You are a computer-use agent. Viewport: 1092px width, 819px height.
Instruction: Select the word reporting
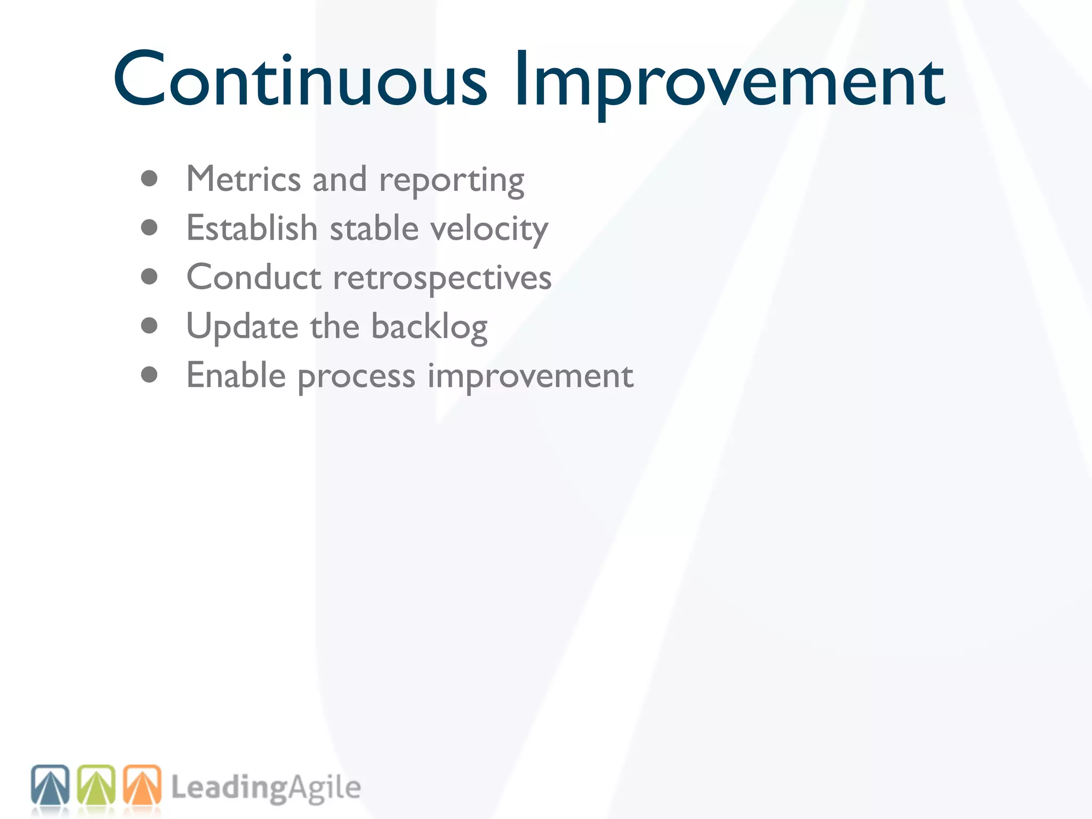tap(452, 181)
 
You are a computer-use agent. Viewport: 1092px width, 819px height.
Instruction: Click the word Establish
tap(252, 228)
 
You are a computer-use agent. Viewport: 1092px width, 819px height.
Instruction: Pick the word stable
tap(374, 228)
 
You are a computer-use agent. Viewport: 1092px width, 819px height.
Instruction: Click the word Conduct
tap(254, 277)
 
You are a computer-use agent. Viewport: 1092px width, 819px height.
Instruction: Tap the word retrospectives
tap(442, 278)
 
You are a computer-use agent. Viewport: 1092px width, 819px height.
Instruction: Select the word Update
tap(242, 327)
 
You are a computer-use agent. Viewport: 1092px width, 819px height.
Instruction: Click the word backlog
tap(429, 327)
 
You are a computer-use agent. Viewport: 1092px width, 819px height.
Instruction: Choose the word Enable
tap(236, 375)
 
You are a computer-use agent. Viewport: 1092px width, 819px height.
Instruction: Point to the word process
tap(356, 378)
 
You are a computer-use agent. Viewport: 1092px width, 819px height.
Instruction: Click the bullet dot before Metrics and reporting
tap(149, 179)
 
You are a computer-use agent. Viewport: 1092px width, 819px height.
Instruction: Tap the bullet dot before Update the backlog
tap(149, 325)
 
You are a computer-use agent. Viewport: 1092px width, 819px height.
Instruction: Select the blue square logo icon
tap(50, 785)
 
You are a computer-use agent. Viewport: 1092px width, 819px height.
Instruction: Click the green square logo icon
tap(97, 785)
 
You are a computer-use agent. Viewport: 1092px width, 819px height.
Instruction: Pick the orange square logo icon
tap(142, 785)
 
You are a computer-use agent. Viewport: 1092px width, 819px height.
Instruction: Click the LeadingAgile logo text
tap(266, 788)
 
